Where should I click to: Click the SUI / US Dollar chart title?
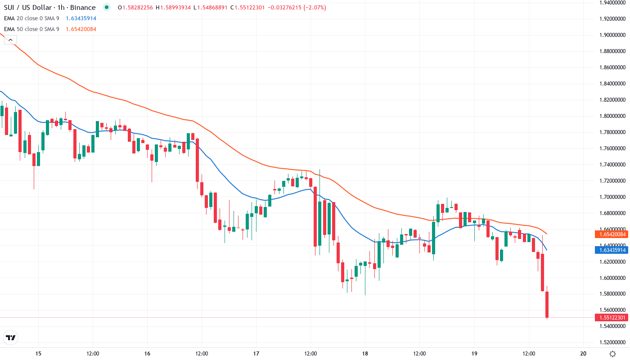(50, 8)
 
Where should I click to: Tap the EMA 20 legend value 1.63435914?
(81, 18)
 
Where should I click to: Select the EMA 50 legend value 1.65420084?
(81, 29)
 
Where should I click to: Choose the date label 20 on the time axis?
(583, 354)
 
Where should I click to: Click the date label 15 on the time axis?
(38, 354)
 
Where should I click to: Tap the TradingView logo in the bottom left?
(11, 337)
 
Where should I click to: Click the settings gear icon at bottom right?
(612, 354)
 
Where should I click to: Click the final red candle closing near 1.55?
(547, 305)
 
